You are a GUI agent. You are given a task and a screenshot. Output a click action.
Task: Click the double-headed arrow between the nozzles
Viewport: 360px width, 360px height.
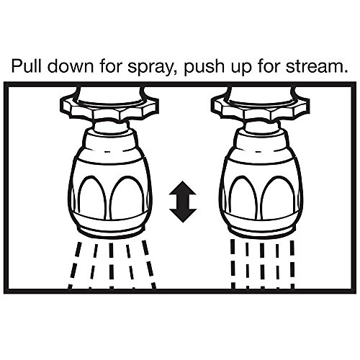[x=183, y=202]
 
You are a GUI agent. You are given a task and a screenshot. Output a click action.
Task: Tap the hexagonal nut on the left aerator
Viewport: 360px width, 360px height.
[x=109, y=107]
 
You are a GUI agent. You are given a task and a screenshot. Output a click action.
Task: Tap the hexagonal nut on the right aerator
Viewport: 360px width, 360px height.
[x=259, y=107]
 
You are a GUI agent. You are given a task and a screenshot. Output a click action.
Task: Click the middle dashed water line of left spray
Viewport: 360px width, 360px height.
[x=111, y=265]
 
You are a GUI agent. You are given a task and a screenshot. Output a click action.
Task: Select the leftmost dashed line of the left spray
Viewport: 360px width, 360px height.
[x=75, y=265]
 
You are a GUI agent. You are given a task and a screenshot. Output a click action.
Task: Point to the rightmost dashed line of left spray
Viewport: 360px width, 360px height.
[x=149, y=264]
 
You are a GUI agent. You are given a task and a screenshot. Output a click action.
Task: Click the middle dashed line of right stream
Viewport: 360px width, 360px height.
[x=262, y=265]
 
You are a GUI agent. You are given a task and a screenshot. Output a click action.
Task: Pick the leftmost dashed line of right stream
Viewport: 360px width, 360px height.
[x=233, y=264]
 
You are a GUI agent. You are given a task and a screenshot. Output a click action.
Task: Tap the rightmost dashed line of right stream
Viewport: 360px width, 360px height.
[x=292, y=264]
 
